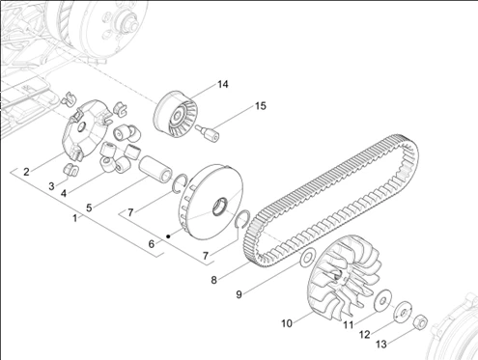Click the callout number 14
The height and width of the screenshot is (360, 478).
click(x=223, y=84)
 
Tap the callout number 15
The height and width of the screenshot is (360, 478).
click(x=261, y=106)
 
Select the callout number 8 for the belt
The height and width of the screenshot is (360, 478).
click(x=214, y=280)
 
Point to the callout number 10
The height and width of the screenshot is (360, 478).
click(x=287, y=323)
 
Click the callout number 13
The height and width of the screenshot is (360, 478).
click(x=381, y=345)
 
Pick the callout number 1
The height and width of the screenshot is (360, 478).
click(x=75, y=218)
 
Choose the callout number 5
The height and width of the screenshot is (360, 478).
click(x=89, y=208)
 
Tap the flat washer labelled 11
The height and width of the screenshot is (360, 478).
click(x=382, y=301)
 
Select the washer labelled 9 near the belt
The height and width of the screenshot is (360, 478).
click(x=307, y=258)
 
